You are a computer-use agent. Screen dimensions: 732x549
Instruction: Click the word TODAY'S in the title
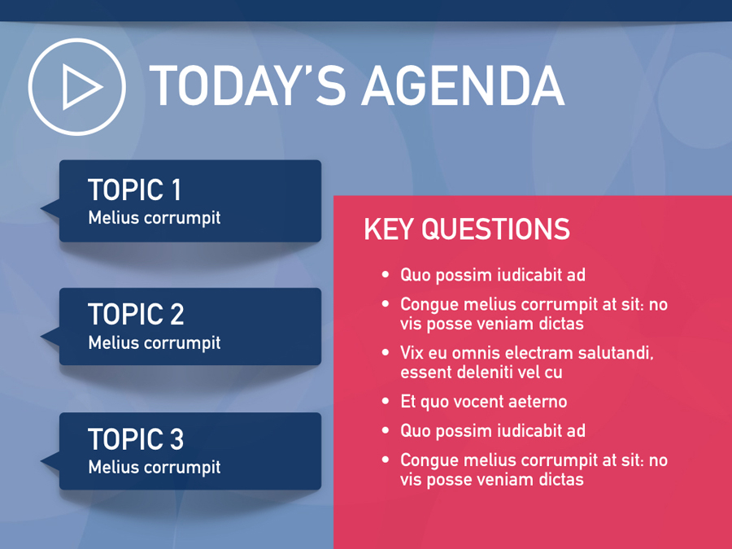(x=247, y=86)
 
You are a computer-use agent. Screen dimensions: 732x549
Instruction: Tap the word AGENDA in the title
(x=463, y=86)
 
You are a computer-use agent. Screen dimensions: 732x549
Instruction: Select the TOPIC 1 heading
(x=134, y=190)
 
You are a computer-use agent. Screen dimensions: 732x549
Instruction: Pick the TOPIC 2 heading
(x=136, y=314)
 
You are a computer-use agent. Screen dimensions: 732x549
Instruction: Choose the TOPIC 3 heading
(x=136, y=439)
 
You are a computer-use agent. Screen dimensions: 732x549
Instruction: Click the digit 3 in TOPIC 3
(x=176, y=439)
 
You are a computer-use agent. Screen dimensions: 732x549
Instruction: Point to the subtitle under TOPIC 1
(x=155, y=218)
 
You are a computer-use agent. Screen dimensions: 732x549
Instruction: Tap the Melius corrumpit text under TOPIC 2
(x=155, y=343)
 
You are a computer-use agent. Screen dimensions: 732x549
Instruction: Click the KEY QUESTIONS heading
(x=467, y=229)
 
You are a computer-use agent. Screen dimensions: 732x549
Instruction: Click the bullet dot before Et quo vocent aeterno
(x=386, y=401)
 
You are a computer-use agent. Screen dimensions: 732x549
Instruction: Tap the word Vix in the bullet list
(x=412, y=353)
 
